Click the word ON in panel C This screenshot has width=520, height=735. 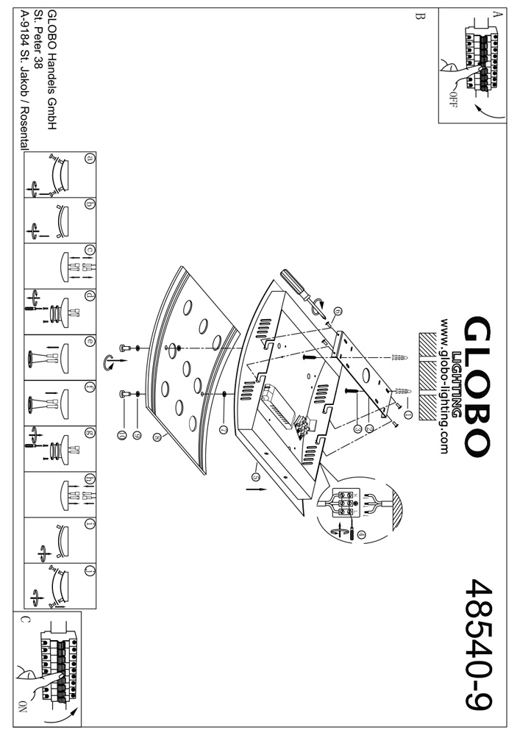coord(23,707)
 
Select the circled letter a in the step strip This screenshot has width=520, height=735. coord(90,157)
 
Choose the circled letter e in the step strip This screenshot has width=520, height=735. coord(90,341)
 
